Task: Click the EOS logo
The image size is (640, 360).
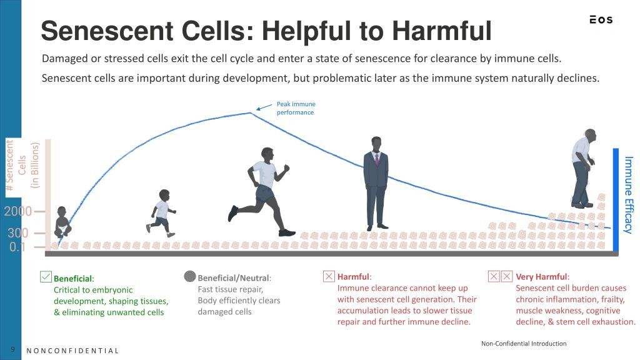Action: pyautogui.click(x=601, y=19)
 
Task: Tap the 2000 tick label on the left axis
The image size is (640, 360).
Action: pyautogui.click(x=18, y=211)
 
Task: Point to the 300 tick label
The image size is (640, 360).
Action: pyautogui.click(x=18, y=233)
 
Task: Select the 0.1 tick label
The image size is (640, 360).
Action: pyautogui.click(x=17, y=247)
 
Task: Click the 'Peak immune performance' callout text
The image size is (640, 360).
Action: pyautogui.click(x=296, y=108)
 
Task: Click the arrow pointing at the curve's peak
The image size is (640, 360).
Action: pyautogui.click(x=264, y=107)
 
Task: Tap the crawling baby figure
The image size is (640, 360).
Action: pyautogui.click(x=62, y=222)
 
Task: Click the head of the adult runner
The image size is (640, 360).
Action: pyautogui.click(x=267, y=154)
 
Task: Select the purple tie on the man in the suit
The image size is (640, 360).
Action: pyautogui.click(x=377, y=159)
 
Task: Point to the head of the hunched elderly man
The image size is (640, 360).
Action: pyautogui.click(x=590, y=135)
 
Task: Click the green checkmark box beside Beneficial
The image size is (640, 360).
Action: pyautogui.click(x=46, y=277)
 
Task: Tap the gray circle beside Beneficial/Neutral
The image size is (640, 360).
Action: pyautogui.click(x=190, y=276)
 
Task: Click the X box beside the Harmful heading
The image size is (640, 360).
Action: pyautogui.click(x=329, y=276)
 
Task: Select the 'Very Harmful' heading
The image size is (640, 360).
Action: pyautogui.click(x=542, y=277)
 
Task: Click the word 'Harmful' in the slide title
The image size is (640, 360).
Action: pyautogui.click(x=442, y=31)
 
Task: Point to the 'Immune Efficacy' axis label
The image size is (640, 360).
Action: pyautogui.click(x=629, y=195)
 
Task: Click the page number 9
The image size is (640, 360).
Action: pyautogui.click(x=12, y=349)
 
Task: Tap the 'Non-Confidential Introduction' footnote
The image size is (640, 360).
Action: pyautogui.click(x=524, y=344)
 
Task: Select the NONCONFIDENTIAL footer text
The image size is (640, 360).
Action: pyautogui.click(x=72, y=351)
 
